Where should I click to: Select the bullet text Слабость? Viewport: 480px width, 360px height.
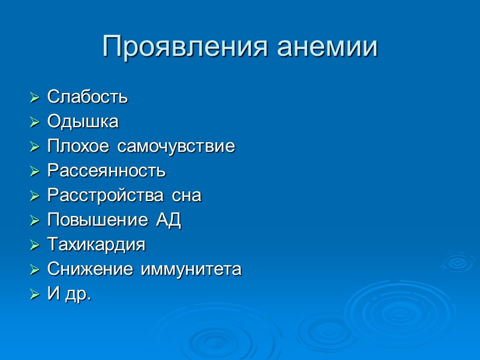click(x=88, y=97)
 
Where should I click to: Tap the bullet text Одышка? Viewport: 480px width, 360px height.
click(x=83, y=122)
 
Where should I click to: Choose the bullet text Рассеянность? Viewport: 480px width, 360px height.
click(x=106, y=171)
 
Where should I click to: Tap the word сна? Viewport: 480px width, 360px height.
click(x=187, y=196)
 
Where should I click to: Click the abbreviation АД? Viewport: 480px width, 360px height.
click(x=169, y=220)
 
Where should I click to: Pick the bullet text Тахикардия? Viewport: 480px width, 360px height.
click(x=96, y=245)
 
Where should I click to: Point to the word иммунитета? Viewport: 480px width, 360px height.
click(x=191, y=269)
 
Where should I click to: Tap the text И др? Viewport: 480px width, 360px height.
click(x=69, y=294)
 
